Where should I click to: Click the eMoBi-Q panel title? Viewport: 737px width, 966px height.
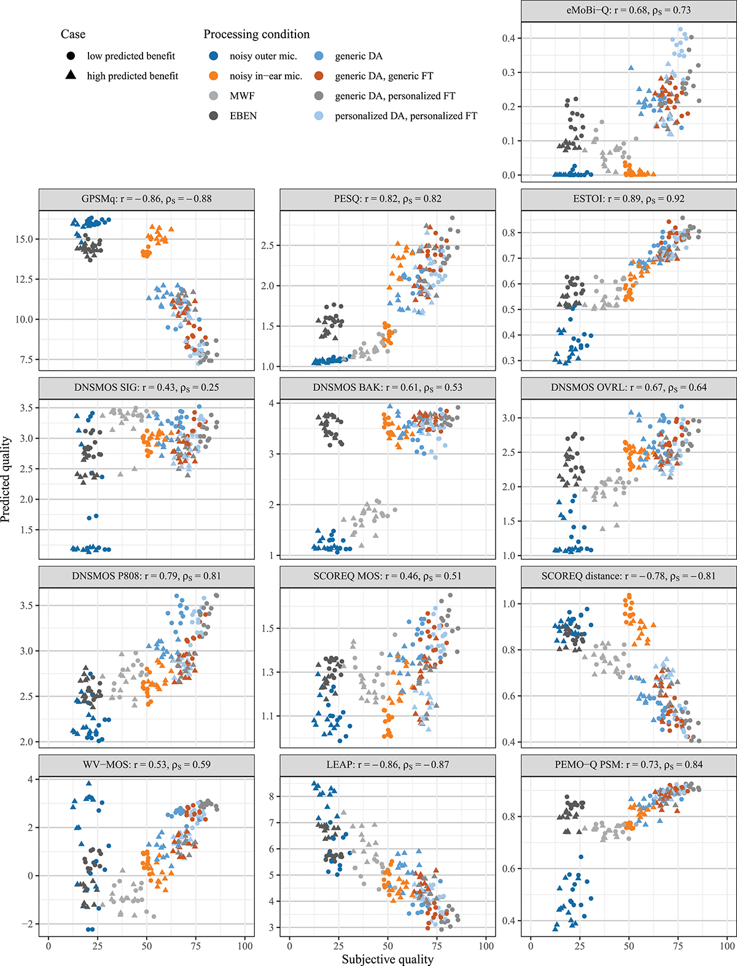[628, 10]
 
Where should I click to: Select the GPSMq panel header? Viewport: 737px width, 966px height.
[146, 199]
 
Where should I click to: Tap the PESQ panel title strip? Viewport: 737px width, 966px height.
[387, 199]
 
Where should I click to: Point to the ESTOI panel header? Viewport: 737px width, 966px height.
[628, 199]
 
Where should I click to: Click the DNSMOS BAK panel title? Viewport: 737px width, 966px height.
[387, 388]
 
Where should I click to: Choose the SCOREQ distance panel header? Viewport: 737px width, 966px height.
[628, 576]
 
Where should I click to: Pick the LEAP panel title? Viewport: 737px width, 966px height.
[387, 765]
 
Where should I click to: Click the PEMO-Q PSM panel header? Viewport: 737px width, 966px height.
[628, 765]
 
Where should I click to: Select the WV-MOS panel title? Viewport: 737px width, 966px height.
[146, 765]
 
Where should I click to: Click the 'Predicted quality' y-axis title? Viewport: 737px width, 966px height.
[6, 479]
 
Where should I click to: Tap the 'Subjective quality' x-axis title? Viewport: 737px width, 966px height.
[388, 959]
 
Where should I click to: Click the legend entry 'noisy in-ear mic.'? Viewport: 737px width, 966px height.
[265, 76]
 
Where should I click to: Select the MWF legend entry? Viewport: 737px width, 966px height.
[242, 96]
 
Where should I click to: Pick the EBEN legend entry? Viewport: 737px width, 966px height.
[243, 115]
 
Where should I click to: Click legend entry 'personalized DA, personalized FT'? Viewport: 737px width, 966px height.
[405, 115]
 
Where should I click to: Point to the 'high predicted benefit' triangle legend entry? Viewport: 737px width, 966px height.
[132, 76]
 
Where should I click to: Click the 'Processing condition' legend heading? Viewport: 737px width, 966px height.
[257, 34]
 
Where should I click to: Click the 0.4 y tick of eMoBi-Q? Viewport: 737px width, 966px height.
[507, 38]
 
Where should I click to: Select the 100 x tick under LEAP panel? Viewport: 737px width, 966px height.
[486, 946]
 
